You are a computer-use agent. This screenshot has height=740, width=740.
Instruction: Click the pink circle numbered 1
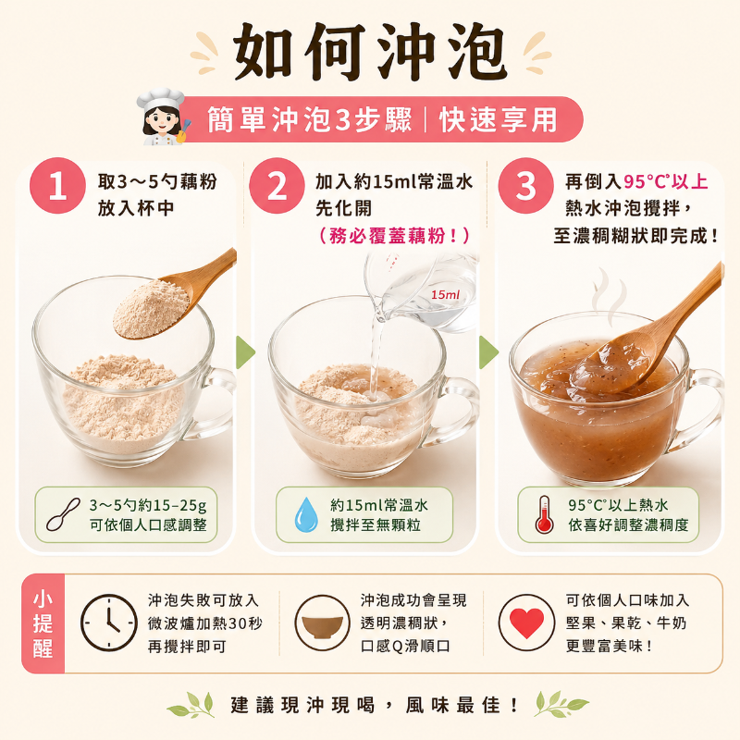[57, 186]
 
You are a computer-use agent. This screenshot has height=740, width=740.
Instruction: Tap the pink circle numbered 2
[277, 186]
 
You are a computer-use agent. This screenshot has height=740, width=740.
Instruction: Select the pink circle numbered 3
[525, 186]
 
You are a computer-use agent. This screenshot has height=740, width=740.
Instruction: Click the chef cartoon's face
[160, 121]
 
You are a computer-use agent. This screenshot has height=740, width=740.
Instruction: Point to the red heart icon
[526, 623]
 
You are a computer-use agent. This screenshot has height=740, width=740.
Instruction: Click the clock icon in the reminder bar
[109, 623]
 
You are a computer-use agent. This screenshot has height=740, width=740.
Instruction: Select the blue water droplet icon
[306, 514]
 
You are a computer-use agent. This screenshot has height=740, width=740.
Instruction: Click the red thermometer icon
[545, 514]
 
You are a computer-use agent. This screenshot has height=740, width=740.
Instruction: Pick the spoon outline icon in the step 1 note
[63, 515]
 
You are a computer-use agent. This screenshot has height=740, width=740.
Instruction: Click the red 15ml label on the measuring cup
[445, 295]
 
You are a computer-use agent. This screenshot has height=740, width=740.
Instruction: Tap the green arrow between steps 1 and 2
[245, 352]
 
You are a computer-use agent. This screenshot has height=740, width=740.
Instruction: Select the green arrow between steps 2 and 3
[488, 352]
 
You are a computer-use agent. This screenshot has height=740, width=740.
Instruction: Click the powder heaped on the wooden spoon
[151, 308]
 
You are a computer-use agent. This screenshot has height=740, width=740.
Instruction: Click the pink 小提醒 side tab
[43, 623]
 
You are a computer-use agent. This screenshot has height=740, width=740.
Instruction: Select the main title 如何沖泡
[371, 52]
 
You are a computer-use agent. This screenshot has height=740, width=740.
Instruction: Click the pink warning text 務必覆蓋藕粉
[393, 236]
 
